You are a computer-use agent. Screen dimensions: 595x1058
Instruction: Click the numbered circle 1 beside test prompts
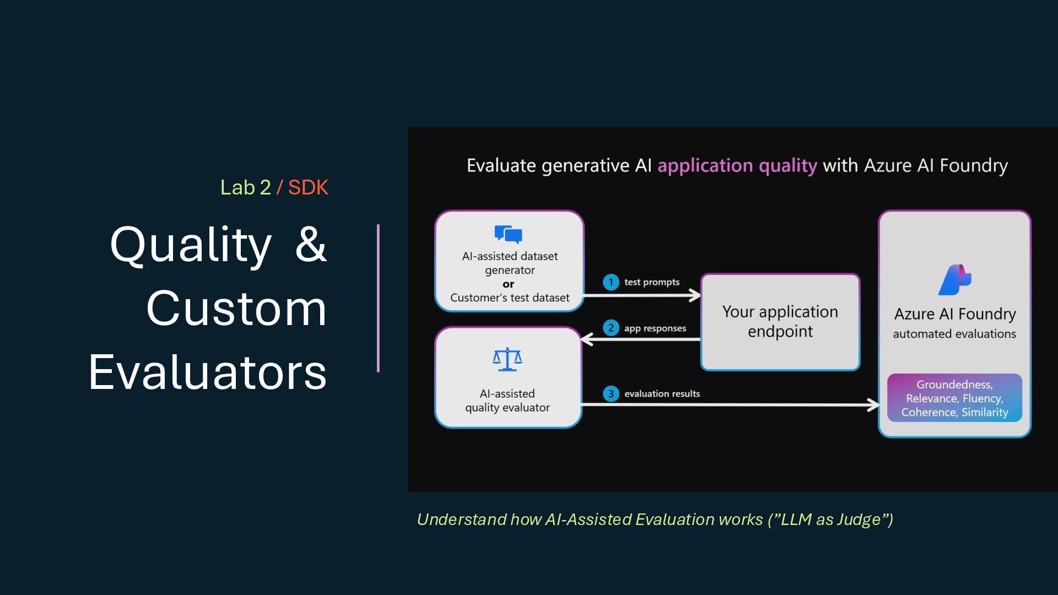point(611,282)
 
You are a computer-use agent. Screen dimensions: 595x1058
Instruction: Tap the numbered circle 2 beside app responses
point(611,328)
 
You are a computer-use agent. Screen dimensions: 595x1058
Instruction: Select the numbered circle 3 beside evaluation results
point(611,394)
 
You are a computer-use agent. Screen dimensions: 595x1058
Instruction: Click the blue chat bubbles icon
point(508,234)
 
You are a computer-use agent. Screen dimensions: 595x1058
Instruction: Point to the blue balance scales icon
point(507,359)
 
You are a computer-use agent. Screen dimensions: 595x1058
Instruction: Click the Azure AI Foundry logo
point(954,280)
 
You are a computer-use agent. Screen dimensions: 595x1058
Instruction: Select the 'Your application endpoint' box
point(780,322)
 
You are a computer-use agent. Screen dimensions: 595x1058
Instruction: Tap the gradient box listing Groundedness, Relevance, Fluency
point(954,398)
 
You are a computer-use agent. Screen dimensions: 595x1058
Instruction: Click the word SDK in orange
point(308,188)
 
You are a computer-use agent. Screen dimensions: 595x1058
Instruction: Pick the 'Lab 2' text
point(246,188)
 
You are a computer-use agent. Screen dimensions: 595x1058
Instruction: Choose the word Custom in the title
point(236,309)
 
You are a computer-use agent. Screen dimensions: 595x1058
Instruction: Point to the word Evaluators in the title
point(208,372)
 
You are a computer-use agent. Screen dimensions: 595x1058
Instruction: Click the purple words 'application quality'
point(737,165)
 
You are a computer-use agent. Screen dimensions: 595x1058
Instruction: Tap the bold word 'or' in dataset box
point(508,284)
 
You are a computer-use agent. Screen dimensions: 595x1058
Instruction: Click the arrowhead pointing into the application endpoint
point(695,295)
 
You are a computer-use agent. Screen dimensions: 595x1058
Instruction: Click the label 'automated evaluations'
point(954,334)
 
